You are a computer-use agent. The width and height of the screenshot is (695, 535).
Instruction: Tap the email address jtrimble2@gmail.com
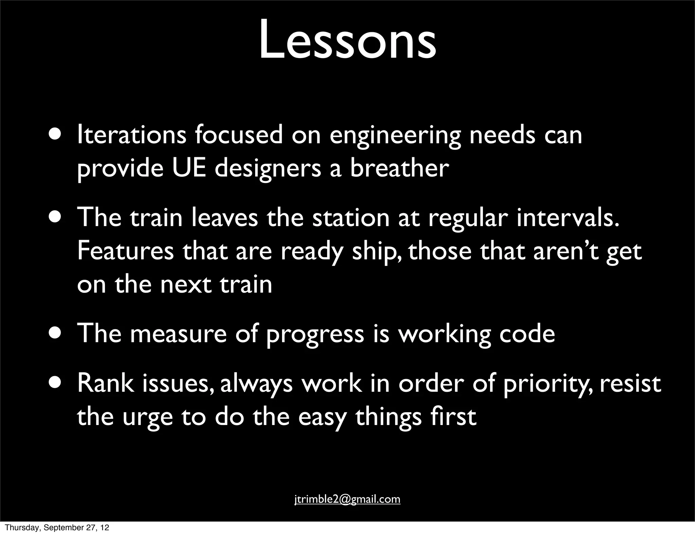347,499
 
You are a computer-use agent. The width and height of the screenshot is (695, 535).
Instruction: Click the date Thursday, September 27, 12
57,528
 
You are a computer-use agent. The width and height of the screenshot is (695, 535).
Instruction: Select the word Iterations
132,135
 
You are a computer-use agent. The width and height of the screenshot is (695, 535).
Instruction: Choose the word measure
178,334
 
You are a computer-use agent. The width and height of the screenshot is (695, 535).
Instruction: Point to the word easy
322,417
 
